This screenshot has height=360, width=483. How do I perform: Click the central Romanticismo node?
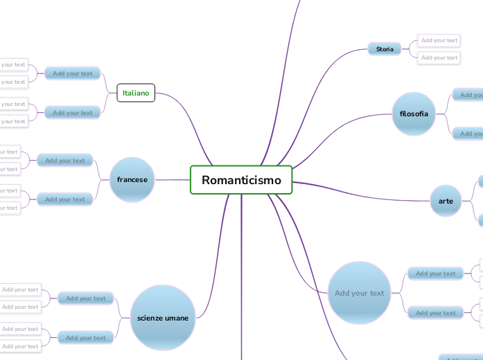click(x=241, y=180)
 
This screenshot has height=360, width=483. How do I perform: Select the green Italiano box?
click(x=136, y=93)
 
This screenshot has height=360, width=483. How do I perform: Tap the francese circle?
click(x=132, y=180)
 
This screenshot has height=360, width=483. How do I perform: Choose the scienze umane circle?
click(x=163, y=318)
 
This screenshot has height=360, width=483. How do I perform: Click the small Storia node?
click(x=385, y=49)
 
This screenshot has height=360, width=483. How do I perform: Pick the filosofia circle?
click(x=414, y=114)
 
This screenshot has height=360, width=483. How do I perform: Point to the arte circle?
click(x=446, y=201)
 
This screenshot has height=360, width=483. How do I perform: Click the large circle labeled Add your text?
click(x=359, y=293)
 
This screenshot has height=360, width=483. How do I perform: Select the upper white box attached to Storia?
click(x=439, y=41)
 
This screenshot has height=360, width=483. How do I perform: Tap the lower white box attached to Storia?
click(x=439, y=57)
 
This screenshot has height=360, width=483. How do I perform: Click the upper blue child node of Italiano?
click(x=73, y=73)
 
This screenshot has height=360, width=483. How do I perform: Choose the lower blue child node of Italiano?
click(x=73, y=112)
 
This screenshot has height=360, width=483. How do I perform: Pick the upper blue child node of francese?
click(x=64, y=161)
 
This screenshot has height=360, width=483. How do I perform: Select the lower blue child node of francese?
click(x=64, y=199)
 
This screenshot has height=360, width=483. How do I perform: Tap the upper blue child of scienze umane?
click(x=86, y=298)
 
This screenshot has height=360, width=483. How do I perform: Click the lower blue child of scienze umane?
click(x=86, y=338)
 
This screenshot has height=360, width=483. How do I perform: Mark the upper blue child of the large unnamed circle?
click(x=435, y=273)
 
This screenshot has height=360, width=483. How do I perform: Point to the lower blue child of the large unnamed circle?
click(x=435, y=313)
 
